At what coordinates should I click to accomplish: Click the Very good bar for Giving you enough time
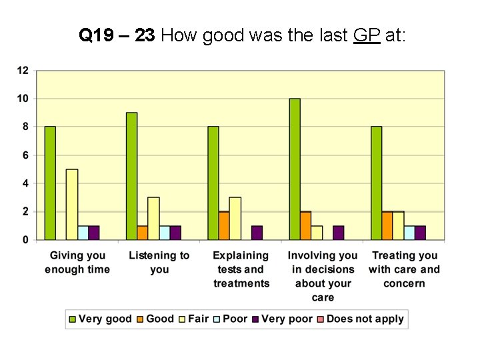pos(50,183)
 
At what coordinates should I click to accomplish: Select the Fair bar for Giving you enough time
pos(72,204)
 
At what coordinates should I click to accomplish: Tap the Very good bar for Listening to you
pos(131,176)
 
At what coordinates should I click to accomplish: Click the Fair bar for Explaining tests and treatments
pos(235,218)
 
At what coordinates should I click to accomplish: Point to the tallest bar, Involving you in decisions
pos(295,169)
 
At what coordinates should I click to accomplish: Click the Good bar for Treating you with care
pos(387,225)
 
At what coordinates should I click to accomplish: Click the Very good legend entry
pos(100,319)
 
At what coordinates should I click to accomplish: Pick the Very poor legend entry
pos(282,319)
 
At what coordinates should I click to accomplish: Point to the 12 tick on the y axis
pos(23,70)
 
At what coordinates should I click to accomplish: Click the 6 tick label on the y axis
pos(25,155)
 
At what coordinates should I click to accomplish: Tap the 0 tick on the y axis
pos(25,239)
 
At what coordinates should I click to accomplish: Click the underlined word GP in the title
pos(367,35)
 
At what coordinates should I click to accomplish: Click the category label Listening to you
pos(159,262)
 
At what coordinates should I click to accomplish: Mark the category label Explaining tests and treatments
pos(241,269)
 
